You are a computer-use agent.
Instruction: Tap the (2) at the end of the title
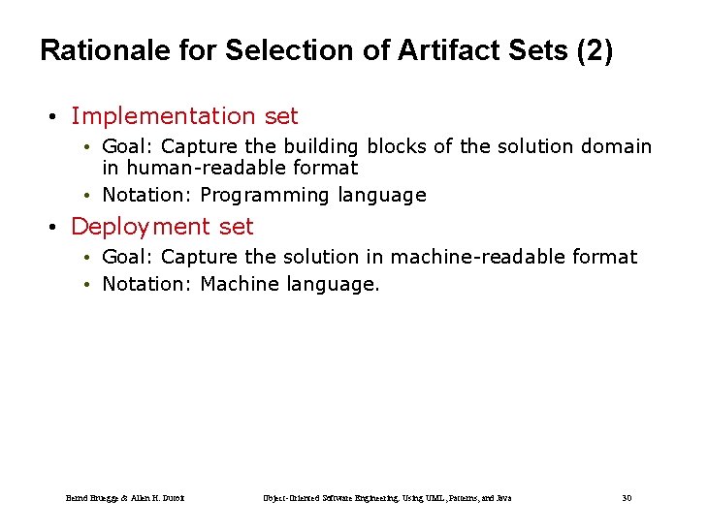click(x=594, y=50)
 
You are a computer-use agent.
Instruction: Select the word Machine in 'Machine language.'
click(x=240, y=284)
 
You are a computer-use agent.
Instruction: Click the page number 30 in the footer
click(x=627, y=498)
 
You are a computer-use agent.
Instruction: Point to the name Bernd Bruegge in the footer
click(x=91, y=498)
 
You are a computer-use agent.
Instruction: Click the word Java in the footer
click(x=502, y=498)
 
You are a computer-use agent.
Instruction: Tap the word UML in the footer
click(x=424, y=498)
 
